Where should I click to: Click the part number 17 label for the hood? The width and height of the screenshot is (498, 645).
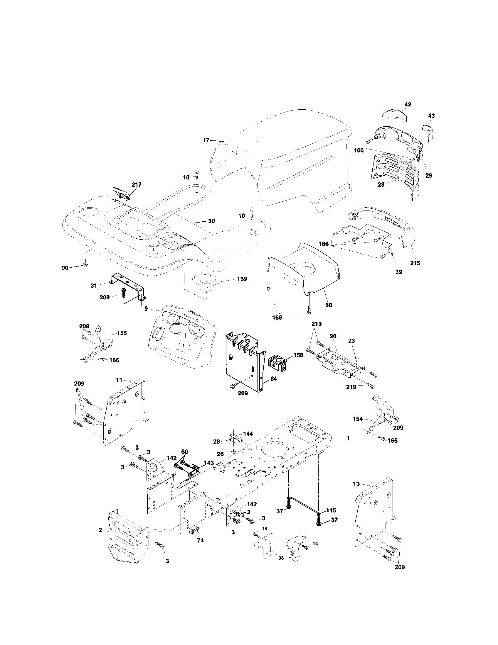pyautogui.click(x=206, y=140)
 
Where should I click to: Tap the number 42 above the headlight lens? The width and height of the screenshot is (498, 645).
pyautogui.click(x=408, y=105)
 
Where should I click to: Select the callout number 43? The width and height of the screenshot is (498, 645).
pyautogui.click(x=431, y=116)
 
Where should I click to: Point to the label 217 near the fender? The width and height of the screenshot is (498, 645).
pyautogui.click(x=136, y=185)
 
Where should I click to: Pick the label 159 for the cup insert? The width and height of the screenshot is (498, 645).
pyautogui.click(x=242, y=279)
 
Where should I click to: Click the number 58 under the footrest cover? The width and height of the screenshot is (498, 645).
pyautogui.click(x=329, y=305)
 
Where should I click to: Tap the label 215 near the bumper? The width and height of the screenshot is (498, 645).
pyautogui.click(x=415, y=263)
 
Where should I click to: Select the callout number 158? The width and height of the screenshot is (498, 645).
pyautogui.click(x=298, y=355)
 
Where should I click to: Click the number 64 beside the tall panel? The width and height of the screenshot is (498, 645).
pyautogui.click(x=274, y=378)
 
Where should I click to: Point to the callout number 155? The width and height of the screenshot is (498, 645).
pyautogui.click(x=122, y=333)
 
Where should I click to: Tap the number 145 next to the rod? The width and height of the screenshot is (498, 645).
pyautogui.click(x=331, y=510)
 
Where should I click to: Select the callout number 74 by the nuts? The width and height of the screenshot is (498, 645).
pyautogui.click(x=200, y=540)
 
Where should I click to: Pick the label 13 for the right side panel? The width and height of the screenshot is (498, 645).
pyautogui.click(x=356, y=484)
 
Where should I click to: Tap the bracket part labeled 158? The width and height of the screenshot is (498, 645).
pyautogui.click(x=278, y=363)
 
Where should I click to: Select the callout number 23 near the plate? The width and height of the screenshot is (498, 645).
pyautogui.click(x=351, y=340)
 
